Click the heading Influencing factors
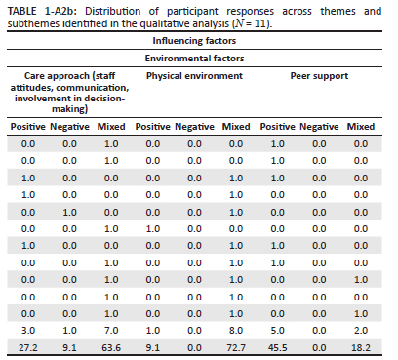[194, 41]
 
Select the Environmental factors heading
[194, 59]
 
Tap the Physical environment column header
[194, 76]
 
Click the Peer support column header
[319, 76]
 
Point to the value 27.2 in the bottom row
[28, 347]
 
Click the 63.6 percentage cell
[111, 347]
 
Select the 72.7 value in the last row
[236, 347]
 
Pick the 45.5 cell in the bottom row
[278, 347]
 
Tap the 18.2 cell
[361, 347]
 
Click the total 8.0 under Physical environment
[236, 331]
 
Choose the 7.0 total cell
[111, 331]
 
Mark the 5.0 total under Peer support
[278, 331]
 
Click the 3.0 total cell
[28, 331]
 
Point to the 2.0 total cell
[361, 331]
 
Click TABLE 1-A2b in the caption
[42, 11]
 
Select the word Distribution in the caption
[112, 11]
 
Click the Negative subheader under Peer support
[319, 126]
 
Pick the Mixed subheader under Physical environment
[236, 126]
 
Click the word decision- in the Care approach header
[104, 99]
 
